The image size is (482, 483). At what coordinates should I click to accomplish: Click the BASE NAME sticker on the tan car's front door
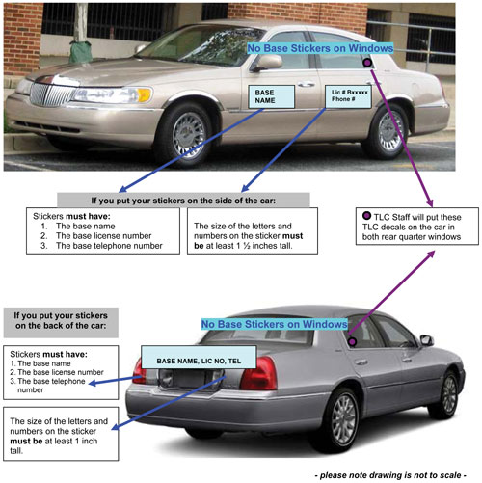click(x=271, y=96)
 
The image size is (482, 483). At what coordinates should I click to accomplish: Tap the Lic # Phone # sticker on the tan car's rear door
click(x=348, y=96)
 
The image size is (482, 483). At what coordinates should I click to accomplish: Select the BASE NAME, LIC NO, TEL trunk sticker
click(x=199, y=357)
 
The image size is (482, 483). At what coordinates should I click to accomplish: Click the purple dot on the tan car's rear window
click(x=367, y=63)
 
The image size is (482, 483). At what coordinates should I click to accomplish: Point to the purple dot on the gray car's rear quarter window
click(x=353, y=341)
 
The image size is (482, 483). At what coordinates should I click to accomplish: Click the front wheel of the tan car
click(x=186, y=134)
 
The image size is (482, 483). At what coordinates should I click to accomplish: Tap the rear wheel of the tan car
click(x=388, y=131)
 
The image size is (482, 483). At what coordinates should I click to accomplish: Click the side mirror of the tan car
click(x=267, y=63)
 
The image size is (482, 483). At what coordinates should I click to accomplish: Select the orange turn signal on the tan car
click(x=144, y=94)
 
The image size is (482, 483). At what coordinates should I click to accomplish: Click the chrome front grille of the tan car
click(x=51, y=94)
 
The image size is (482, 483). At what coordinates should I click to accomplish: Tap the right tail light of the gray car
click(x=258, y=373)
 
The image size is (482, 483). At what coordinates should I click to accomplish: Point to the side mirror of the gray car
click(x=427, y=340)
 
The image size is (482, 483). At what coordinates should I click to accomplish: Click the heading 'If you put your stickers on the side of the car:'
click(x=183, y=201)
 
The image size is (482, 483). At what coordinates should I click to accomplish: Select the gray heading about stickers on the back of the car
click(x=61, y=323)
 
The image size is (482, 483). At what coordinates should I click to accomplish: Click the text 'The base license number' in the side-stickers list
click(x=103, y=236)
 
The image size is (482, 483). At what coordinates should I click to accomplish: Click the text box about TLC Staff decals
click(x=417, y=227)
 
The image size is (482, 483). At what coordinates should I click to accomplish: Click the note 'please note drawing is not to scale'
click(x=390, y=475)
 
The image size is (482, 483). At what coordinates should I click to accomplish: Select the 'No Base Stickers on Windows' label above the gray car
click(x=274, y=324)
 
